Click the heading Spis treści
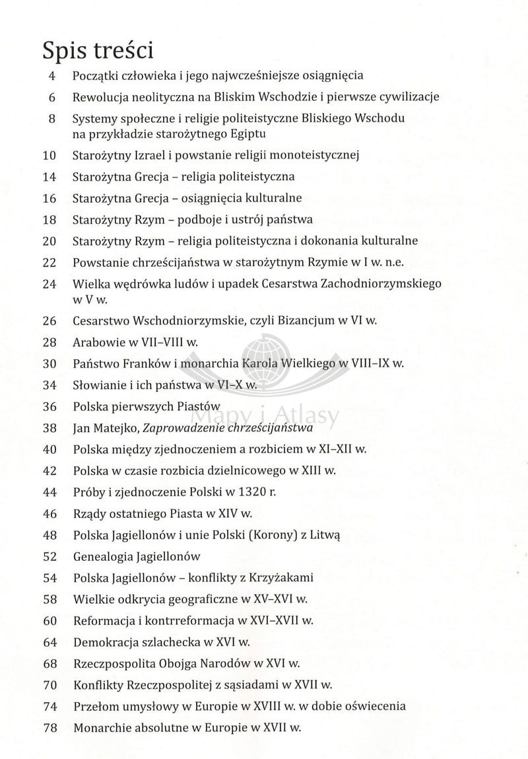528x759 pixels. point(98,51)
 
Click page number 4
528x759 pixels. point(52,76)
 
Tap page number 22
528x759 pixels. point(49,262)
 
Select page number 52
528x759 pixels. point(49,556)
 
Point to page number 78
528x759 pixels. point(49,727)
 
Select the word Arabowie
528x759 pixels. point(97,342)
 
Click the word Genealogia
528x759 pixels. point(104,556)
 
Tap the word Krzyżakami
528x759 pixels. point(278,577)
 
